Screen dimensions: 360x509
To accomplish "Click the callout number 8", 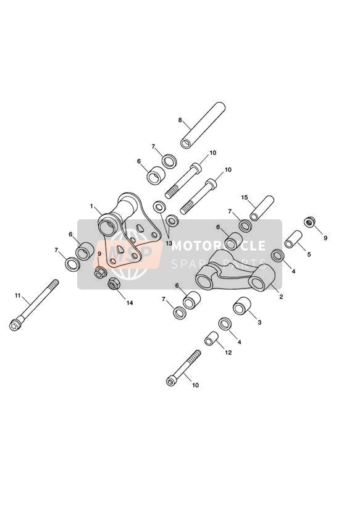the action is [x=180, y=120].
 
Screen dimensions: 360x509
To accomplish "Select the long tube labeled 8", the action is [x=203, y=125].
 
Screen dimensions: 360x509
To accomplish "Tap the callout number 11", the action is [x=17, y=295].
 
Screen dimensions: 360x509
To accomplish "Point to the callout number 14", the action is [x=130, y=303].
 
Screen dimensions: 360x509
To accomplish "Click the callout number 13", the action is [x=169, y=243].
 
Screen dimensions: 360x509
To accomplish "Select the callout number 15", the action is [x=245, y=198].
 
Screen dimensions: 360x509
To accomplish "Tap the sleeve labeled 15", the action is [x=262, y=208].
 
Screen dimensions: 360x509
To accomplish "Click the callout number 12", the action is [x=228, y=353].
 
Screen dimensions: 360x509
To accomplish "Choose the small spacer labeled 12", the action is [x=211, y=339].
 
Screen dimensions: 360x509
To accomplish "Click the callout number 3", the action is [x=259, y=322].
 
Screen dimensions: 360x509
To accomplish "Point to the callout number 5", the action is [x=309, y=254].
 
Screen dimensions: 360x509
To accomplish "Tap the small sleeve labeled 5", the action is [x=293, y=239].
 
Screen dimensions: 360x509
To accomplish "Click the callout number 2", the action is [x=281, y=297].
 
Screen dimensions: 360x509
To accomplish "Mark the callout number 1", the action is [x=92, y=206].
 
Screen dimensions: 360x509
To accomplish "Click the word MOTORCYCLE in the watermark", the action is [x=219, y=246].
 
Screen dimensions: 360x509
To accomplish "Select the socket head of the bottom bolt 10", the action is [x=170, y=382].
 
